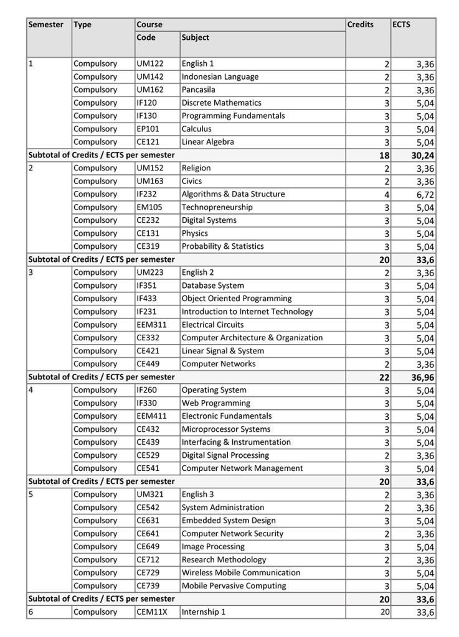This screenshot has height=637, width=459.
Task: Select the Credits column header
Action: pyautogui.click(x=361, y=25)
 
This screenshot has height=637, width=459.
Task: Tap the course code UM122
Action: pyautogui.click(x=148, y=63)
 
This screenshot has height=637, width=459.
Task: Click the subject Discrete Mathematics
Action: pyautogui.click(x=221, y=103)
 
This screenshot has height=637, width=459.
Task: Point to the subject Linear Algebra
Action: pyautogui.click(x=207, y=142)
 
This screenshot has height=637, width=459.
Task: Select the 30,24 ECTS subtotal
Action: pyautogui.click(x=422, y=156)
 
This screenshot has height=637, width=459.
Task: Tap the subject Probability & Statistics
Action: pyautogui.click(x=222, y=246)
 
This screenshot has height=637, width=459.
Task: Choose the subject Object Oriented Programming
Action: pyautogui.click(x=236, y=299)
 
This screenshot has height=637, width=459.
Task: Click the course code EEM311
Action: pyautogui.click(x=151, y=325)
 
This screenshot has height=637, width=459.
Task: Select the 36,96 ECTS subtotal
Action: pyautogui.click(x=422, y=378)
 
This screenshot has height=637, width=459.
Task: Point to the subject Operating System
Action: pyautogui.click(x=214, y=390)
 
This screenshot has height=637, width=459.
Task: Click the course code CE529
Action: pyautogui.click(x=148, y=455)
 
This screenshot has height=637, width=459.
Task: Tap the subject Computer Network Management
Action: pyautogui.click(x=242, y=468)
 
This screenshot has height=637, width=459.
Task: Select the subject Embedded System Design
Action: pyautogui.click(x=228, y=521)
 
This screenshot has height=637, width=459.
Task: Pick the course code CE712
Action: pyautogui.click(x=148, y=560)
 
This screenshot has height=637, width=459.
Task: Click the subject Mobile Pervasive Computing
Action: pyautogui.click(x=234, y=586)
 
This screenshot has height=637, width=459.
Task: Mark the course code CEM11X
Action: pyautogui.click(x=151, y=612)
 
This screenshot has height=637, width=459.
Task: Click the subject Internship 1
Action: pyautogui.click(x=203, y=612)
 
